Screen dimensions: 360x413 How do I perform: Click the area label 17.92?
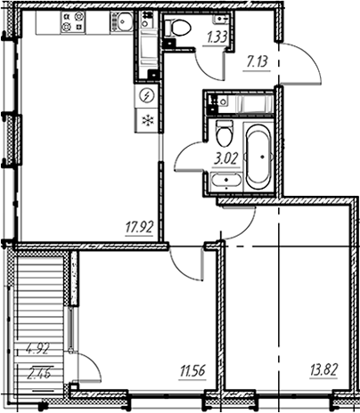pos(139,228)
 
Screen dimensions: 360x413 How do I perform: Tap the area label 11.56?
pos(192,371)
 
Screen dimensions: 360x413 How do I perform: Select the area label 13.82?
pos(323,370)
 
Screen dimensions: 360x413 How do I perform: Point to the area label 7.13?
pos(257,62)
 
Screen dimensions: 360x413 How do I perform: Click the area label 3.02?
pos(226,159)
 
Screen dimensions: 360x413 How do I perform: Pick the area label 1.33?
pos(217,37)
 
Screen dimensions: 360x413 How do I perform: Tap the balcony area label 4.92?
pos(37,349)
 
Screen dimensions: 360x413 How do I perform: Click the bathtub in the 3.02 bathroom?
pos(258,157)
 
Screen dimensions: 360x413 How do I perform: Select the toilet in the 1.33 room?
pos(177,28)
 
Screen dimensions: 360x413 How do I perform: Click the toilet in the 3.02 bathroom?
pos(224,134)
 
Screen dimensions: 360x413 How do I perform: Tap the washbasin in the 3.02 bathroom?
pos(226,181)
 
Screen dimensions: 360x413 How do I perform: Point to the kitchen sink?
pos(121,21)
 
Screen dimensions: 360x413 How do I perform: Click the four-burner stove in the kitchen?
pos(73,21)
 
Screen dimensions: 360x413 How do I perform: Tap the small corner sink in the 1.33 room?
pos(221,19)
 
